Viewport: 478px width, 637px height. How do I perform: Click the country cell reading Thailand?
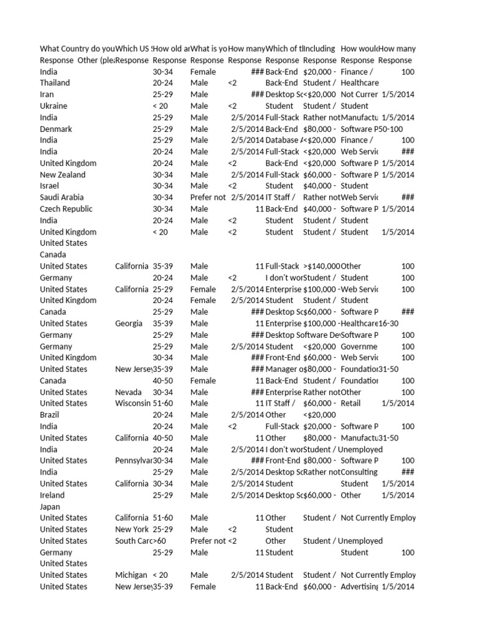click(x=55, y=83)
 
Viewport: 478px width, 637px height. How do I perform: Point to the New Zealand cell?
click(x=63, y=175)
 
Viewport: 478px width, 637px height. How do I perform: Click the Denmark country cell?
click(x=56, y=129)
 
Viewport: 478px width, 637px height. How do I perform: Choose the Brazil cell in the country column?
click(x=52, y=415)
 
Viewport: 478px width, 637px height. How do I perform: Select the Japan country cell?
click(x=52, y=506)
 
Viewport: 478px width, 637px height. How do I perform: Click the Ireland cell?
click(x=52, y=495)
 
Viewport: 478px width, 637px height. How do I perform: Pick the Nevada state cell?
click(x=128, y=392)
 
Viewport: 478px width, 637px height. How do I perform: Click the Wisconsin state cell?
click(x=132, y=403)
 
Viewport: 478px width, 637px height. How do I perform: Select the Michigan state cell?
click(x=131, y=575)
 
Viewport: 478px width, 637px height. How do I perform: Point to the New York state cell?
click(x=132, y=529)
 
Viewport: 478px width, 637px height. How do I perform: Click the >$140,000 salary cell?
click(x=321, y=266)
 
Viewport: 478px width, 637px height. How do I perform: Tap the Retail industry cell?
click(x=351, y=403)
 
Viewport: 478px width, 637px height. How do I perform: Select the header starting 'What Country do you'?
click(x=77, y=49)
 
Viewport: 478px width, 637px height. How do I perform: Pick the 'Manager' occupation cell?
click(x=284, y=369)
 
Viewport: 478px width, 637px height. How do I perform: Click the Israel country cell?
click(x=50, y=186)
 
